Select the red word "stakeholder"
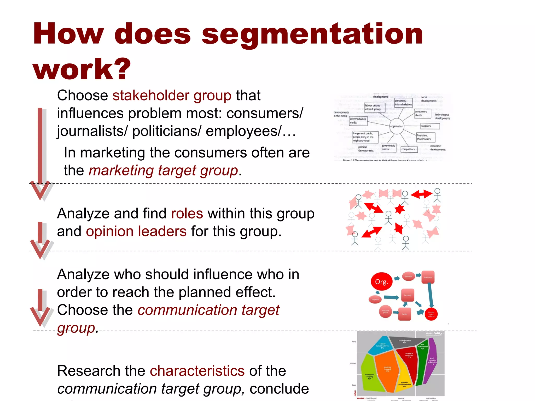[x=150, y=95]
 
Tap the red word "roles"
[x=187, y=213]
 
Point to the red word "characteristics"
[x=197, y=371]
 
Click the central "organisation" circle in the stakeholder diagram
[x=397, y=126]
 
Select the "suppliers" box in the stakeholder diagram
[x=430, y=126]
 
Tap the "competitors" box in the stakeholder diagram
[x=409, y=149]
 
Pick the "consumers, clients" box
[x=422, y=114]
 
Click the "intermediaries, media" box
[x=358, y=121]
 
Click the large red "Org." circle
[x=382, y=282]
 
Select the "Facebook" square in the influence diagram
[x=408, y=295]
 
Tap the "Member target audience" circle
[x=431, y=314]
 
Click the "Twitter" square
[x=404, y=314]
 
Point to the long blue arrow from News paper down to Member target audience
[x=430, y=295]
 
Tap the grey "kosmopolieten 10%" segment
[x=404, y=342]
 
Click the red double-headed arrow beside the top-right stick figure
[x=421, y=194]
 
